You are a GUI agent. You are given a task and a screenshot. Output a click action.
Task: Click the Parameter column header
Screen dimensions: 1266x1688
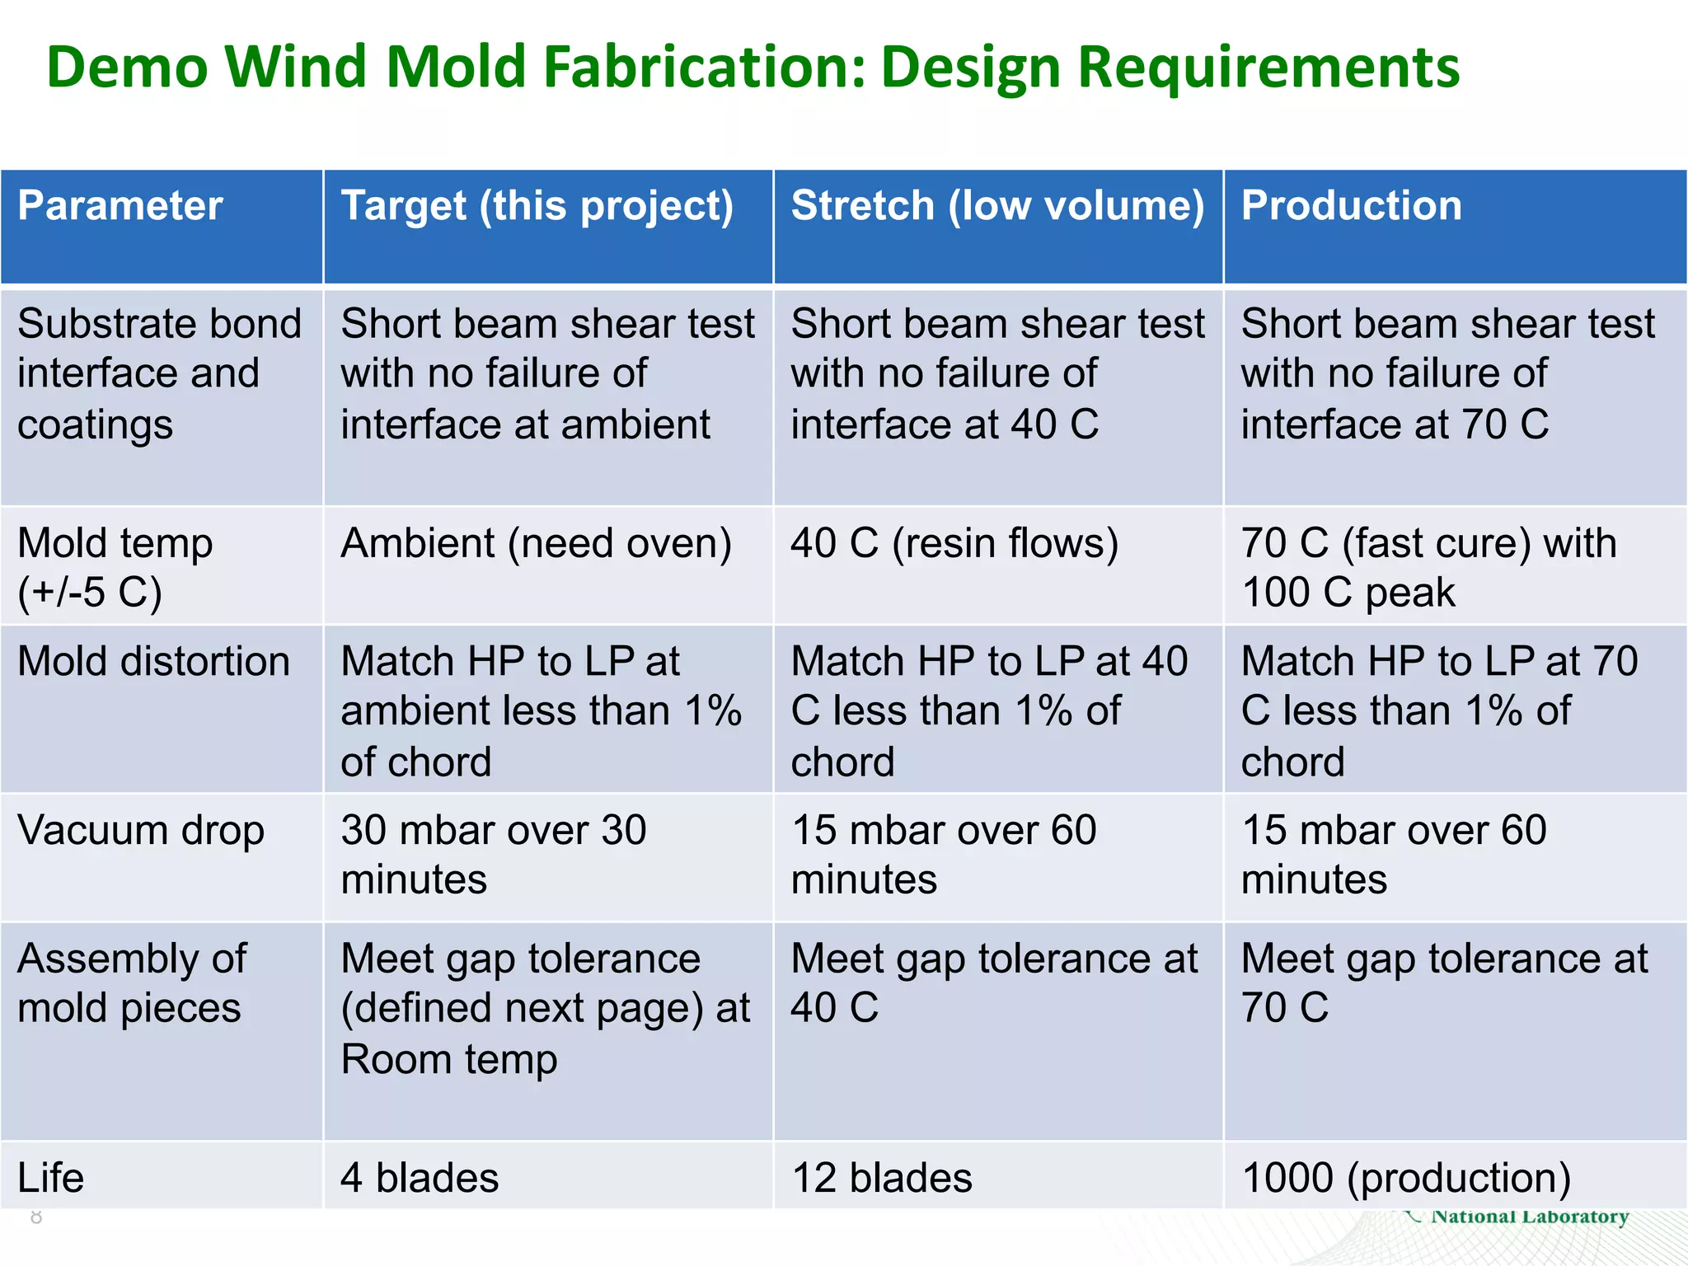click(120, 206)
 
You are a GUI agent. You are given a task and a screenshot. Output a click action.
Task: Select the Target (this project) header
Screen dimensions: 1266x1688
click(537, 206)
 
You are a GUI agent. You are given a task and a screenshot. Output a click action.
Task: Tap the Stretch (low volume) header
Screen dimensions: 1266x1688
click(997, 206)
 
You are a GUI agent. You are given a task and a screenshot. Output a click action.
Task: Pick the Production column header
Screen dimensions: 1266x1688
click(1352, 206)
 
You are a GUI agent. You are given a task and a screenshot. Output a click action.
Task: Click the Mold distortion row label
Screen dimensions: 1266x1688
click(154, 662)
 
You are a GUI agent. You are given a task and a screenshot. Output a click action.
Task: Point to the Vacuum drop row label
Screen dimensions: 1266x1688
click(141, 830)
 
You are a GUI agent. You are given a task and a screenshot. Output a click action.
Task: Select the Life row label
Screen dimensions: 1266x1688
click(51, 1178)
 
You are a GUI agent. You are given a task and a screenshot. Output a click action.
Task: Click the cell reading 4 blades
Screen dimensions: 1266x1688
click(420, 1178)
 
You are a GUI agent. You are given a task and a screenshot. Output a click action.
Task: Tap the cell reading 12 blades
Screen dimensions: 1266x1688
click(882, 1178)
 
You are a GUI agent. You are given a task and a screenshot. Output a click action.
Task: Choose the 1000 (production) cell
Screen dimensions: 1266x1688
click(1406, 1178)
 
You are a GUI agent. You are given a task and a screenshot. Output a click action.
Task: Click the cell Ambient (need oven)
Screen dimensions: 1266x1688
click(537, 544)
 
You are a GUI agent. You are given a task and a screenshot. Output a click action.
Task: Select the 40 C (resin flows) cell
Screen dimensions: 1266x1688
click(954, 544)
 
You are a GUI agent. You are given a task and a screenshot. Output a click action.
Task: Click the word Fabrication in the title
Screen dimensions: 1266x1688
click(705, 68)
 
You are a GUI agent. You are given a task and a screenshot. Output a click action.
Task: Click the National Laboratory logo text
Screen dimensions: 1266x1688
click(1530, 1217)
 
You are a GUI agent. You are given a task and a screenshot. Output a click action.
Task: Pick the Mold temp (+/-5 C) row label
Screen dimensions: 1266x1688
click(115, 568)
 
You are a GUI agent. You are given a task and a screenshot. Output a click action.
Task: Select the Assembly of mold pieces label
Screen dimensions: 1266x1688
click(132, 983)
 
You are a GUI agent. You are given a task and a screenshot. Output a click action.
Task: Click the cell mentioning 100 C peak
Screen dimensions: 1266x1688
click(1429, 568)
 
